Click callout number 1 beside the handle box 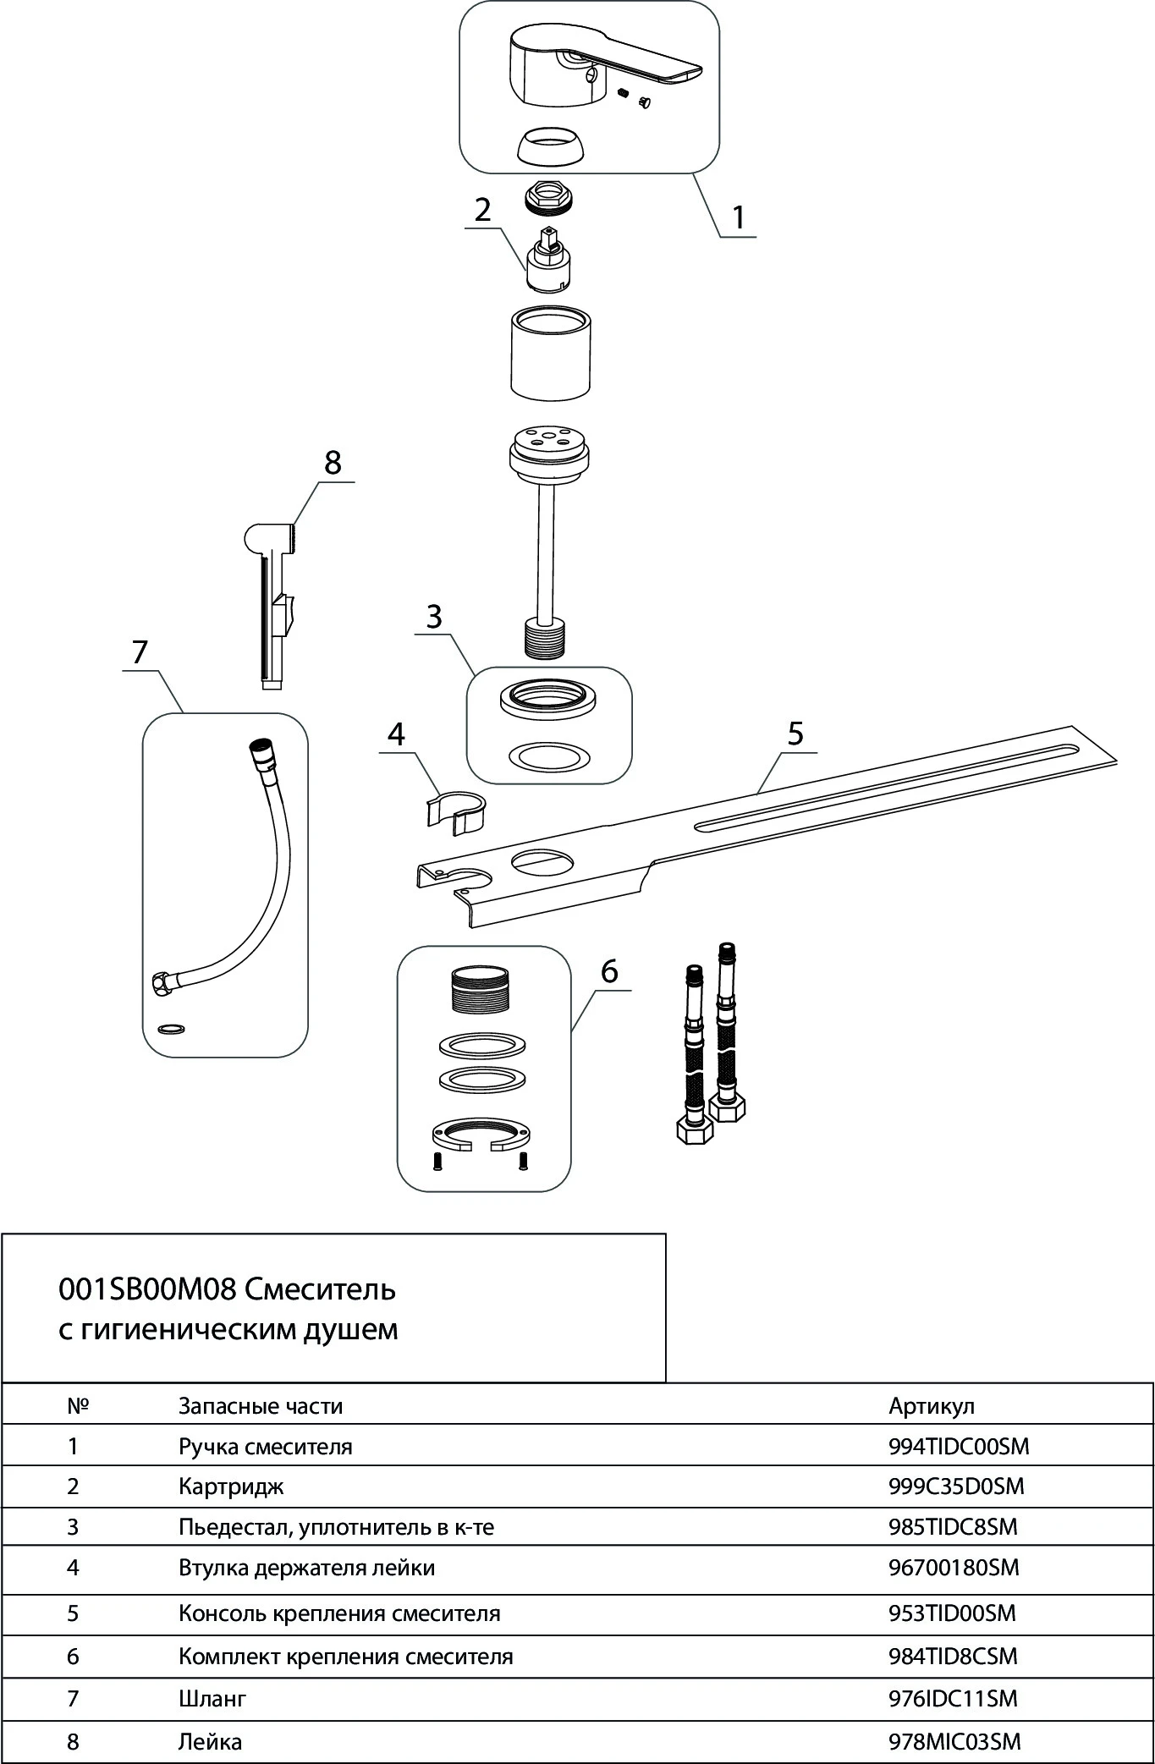(x=739, y=217)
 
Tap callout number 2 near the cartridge (x=482, y=209)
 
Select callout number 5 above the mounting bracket (x=795, y=734)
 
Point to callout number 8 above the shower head (x=333, y=463)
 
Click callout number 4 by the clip (x=396, y=734)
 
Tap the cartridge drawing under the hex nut (x=548, y=262)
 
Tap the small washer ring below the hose (x=172, y=1028)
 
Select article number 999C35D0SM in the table (x=956, y=1486)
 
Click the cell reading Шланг (x=212, y=1698)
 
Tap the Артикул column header (x=932, y=1406)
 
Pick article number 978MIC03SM (x=954, y=1742)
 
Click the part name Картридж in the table (x=231, y=1486)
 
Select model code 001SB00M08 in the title (x=146, y=1289)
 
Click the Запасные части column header (x=261, y=1406)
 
